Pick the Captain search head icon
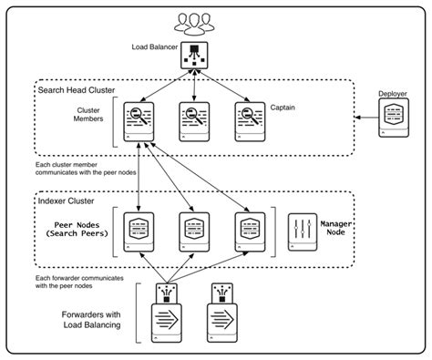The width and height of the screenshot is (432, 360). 250,121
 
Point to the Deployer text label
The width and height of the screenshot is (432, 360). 393,93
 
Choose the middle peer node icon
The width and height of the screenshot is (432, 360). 192,232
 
